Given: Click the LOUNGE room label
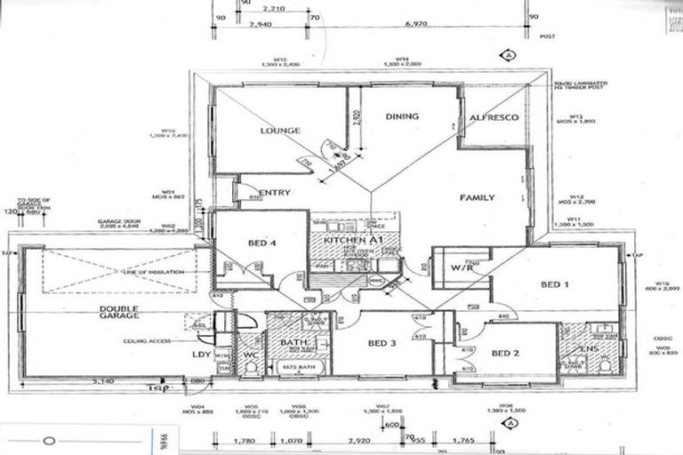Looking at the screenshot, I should [x=280, y=131].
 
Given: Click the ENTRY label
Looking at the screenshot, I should [x=276, y=192].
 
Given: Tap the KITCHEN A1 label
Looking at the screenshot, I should [x=352, y=241].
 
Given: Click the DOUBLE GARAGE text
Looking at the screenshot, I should [x=118, y=313].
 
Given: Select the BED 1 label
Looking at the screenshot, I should [x=555, y=284].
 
